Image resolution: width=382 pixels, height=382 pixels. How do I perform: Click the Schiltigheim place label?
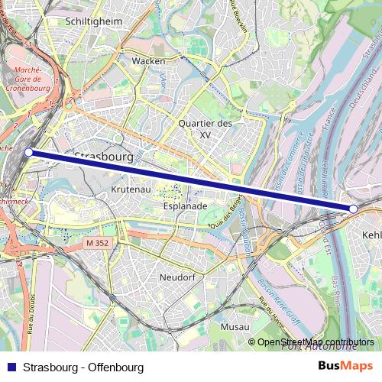(x=94, y=21)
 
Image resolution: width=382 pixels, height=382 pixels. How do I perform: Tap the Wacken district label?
(x=148, y=60)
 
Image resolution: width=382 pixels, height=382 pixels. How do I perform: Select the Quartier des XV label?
(x=204, y=128)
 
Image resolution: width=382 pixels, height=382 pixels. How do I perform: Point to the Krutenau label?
(x=130, y=188)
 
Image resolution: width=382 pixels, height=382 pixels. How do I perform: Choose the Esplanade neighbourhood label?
(x=185, y=206)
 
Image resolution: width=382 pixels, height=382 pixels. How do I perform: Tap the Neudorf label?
(x=179, y=277)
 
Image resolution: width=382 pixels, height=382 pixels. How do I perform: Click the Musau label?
(x=235, y=326)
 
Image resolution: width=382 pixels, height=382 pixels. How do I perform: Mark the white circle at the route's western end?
(x=29, y=153)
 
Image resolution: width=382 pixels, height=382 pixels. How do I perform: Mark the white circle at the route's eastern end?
(x=353, y=209)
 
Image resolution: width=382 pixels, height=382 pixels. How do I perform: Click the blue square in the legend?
(x=11, y=367)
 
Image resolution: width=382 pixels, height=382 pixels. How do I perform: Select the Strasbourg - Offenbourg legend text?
(x=83, y=367)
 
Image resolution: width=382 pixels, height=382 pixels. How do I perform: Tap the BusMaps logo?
(x=345, y=367)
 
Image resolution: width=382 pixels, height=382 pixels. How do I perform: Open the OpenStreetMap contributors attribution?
(x=316, y=342)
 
